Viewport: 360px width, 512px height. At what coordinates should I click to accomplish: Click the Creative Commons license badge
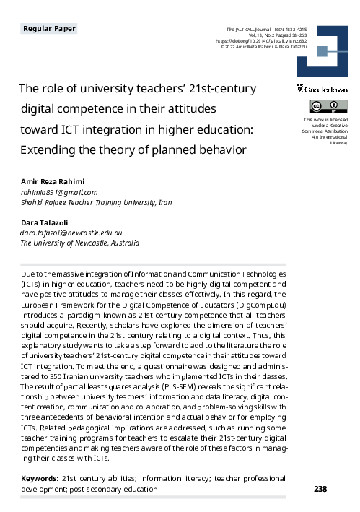click(x=321, y=108)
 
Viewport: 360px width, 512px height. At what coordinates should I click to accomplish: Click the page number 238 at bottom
click(x=321, y=489)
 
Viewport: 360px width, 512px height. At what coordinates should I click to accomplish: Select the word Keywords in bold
click(x=39, y=478)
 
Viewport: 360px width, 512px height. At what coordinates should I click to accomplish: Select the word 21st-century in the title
click(x=220, y=89)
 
